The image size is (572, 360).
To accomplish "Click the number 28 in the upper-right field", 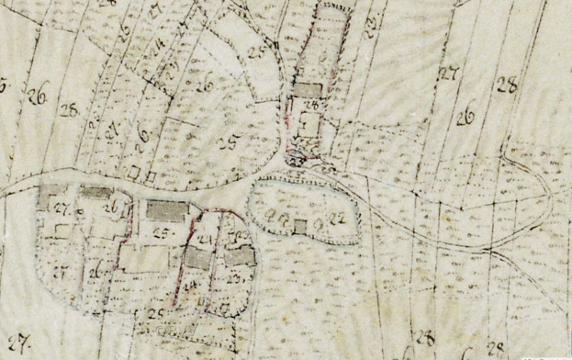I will coord(507,86).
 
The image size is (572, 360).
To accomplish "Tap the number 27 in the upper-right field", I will coord(449,73).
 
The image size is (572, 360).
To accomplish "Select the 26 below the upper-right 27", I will coord(465,116).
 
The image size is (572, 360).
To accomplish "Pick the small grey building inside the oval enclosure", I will coord(300,225).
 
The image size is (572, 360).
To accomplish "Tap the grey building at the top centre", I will coord(308,89).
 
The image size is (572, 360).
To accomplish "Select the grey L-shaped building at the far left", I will coord(51,197).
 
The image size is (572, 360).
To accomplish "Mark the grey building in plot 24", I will coord(198,259).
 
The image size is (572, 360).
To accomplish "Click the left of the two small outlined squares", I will coord(135,172).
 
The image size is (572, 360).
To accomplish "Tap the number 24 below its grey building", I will coord(192,286).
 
